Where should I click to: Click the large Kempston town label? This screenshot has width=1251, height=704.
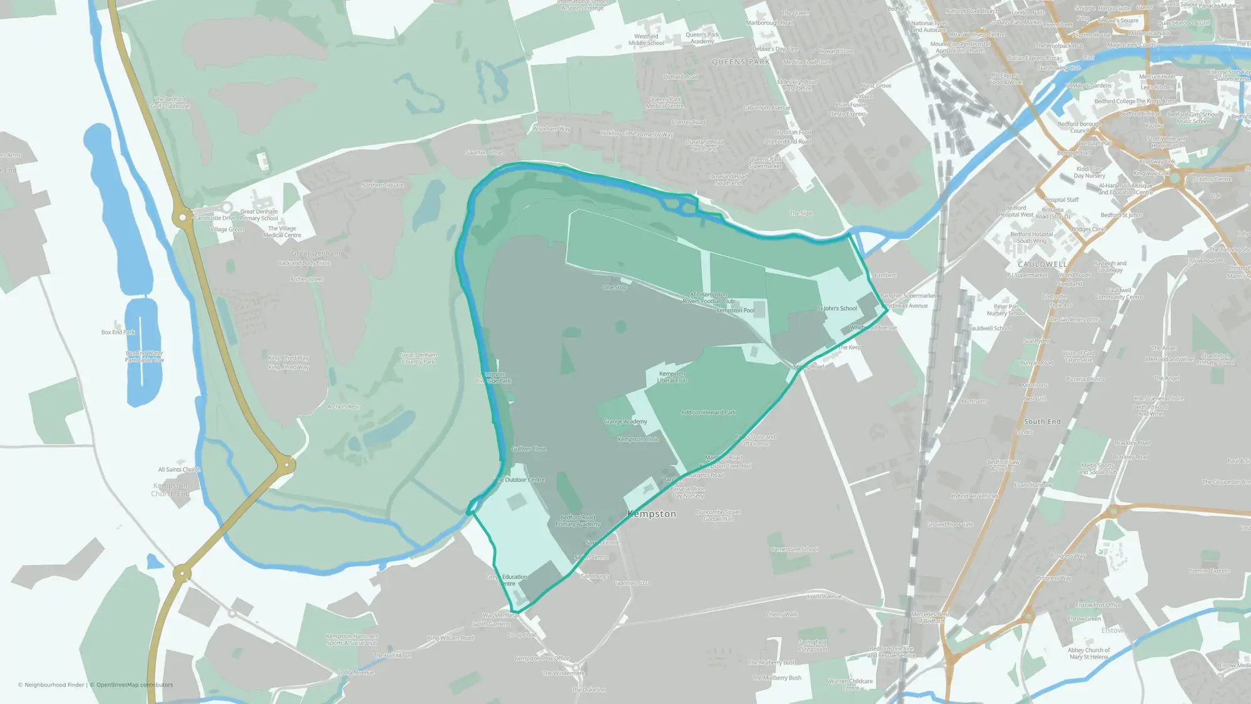(x=651, y=514)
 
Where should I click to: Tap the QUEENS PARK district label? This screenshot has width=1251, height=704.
(x=741, y=62)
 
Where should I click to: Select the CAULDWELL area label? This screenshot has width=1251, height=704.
(x=1041, y=264)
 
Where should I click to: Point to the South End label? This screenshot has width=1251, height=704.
(x=1042, y=422)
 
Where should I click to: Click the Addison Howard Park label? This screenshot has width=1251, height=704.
(x=708, y=412)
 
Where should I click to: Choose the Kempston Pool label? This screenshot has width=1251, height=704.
(x=735, y=310)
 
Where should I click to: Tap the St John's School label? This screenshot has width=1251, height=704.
(x=837, y=309)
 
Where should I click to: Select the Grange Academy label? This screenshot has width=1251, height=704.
(x=625, y=422)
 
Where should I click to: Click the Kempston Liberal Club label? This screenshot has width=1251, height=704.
(x=672, y=377)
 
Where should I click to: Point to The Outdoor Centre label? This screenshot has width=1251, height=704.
(x=520, y=480)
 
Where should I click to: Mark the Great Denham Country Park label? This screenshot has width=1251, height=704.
(x=418, y=359)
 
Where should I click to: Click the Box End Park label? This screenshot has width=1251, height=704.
(x=118, y=332)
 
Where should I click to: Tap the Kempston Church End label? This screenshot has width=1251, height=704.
(x=170, y=489)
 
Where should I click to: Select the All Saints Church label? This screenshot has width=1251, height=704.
(x=179, y=469)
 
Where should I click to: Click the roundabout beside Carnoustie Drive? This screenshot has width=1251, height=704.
(x=183, y=217)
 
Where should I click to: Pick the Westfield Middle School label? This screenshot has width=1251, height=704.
(x=646, y=39)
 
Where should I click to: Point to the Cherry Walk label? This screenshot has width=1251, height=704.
(x=782, y=615)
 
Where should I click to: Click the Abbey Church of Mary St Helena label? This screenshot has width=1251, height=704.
(x=1089, y=653)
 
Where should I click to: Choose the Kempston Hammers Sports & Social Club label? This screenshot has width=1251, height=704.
(x=352, y=640)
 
